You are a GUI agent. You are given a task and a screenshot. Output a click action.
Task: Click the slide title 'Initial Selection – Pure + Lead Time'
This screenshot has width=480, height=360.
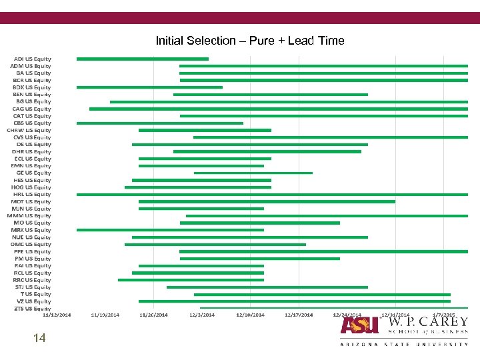coord(250,41)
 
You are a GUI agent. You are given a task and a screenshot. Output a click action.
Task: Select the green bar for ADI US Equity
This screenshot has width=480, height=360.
coord(142,59)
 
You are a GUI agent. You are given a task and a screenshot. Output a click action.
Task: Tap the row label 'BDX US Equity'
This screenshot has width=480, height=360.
coord(32,87)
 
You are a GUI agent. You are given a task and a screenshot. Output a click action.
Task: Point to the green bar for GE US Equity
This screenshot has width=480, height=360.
coord(253,173)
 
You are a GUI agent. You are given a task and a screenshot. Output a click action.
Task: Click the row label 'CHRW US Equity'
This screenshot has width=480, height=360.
coord(29,130)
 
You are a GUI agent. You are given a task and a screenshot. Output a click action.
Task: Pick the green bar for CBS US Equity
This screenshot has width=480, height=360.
coord(159,123)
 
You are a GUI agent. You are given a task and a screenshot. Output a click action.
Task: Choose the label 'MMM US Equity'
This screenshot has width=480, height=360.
coord(29,215)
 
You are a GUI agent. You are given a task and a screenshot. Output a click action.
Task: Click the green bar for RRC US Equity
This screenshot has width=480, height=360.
coord(191,280)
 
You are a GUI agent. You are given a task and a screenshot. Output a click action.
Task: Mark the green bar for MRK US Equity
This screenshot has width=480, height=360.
coord(170,230)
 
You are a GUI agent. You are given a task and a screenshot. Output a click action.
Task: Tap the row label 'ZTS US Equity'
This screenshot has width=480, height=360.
coord(32,309)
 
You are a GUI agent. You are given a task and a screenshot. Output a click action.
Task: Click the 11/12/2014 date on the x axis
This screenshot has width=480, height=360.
coord(57,315)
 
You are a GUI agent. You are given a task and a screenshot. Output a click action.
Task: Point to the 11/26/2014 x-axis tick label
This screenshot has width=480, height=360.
coord(153,315)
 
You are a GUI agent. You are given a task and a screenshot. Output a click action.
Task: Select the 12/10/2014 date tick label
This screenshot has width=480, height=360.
coord(250,315)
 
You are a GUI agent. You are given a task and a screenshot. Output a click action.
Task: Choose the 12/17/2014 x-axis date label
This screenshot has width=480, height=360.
coord(299,315)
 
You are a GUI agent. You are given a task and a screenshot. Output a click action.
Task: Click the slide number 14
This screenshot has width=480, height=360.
coord(39,339)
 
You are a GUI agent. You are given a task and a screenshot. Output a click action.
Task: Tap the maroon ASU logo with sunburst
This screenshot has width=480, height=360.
coord(360,325)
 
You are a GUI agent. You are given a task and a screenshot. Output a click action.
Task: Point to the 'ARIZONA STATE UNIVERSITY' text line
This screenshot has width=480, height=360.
coord(404,344)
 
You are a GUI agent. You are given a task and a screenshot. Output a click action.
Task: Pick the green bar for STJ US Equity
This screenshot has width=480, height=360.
coord(267,287)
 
